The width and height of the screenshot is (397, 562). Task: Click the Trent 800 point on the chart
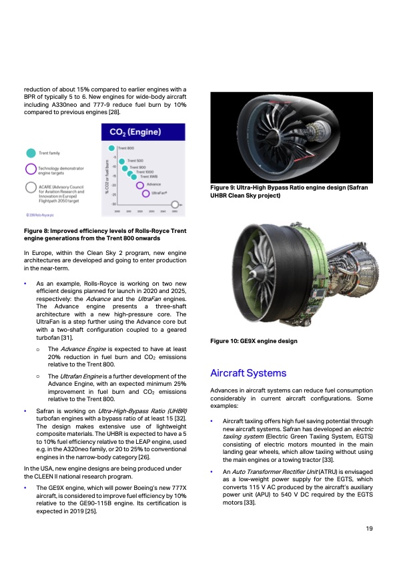pos(112,148)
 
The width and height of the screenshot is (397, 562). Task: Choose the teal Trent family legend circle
pos(30,153)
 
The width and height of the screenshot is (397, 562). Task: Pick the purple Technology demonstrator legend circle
pos(30,168)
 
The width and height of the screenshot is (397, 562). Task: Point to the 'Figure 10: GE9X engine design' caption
pos(254,341)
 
